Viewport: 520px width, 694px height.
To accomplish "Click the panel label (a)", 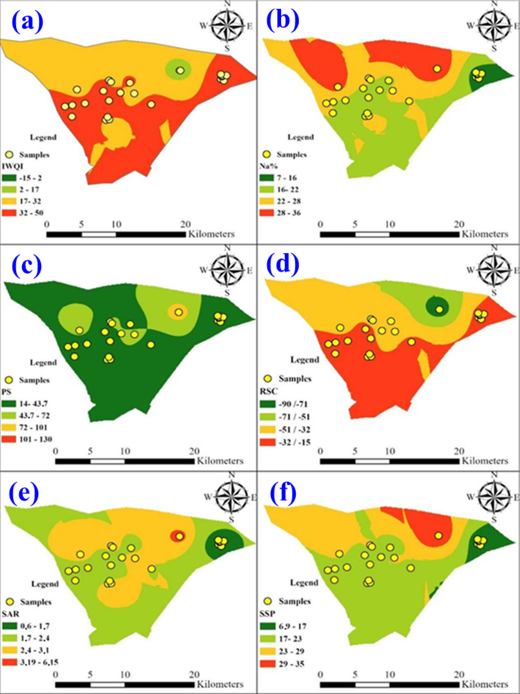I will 27,22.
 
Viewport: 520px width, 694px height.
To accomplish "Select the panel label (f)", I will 283,493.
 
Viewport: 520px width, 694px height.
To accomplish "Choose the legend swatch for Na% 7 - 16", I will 266,178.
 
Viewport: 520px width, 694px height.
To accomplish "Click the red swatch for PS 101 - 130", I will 9,439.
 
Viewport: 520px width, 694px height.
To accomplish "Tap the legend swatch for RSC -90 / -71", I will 267,404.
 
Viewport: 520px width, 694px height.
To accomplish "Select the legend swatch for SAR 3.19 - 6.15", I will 9,662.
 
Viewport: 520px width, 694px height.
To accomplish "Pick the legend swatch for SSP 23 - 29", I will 267,651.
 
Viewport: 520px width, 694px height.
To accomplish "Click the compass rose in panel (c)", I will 227,270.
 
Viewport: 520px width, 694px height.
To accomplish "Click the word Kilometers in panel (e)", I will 220,684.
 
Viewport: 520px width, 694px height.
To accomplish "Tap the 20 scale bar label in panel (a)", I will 185,225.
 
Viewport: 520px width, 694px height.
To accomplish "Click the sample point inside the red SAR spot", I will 180,537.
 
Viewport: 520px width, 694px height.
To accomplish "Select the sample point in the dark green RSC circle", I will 440,309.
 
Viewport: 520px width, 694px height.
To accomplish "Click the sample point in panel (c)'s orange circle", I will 179,312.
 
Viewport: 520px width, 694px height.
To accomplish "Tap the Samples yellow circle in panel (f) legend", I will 268,601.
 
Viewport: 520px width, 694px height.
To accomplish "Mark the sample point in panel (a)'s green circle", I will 180,71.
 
